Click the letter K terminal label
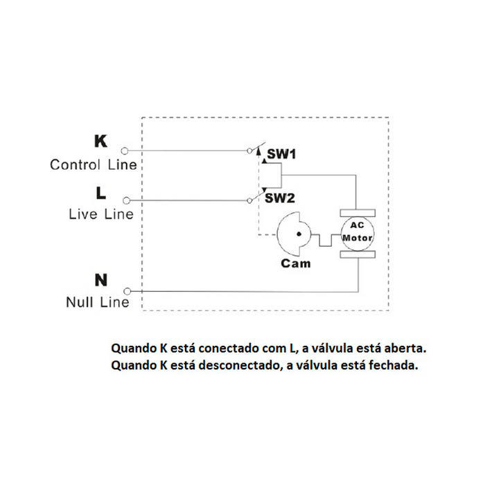tap(100, 142)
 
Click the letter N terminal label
tap(100, 280)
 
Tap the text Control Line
tap(94, 165)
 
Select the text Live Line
tap(101, 214)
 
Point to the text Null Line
tap(98, 302)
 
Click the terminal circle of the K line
tap(125, 150)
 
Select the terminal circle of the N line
tap(125, 292)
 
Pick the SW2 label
tap(281, 198)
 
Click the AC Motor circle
tap(357, 232)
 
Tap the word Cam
tap(296, 263)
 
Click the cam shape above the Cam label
tap(294, 234)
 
